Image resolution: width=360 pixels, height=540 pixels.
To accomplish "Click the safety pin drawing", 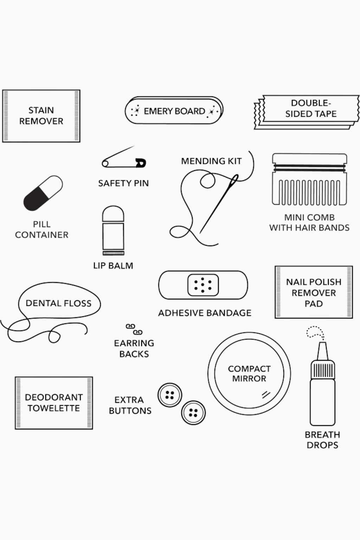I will (x=124, y=160).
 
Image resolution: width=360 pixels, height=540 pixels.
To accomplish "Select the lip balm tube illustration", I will (x=113, y=230).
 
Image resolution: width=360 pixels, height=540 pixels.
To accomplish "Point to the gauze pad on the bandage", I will (x=203, y=285).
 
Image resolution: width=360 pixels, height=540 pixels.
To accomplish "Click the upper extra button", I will (x=169, y=395).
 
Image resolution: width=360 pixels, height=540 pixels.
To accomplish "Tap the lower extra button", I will (x=193, y=412).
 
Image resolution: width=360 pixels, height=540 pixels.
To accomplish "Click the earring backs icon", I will (x=134, y=329).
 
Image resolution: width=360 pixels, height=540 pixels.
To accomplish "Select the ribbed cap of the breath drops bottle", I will (x=322, y=369).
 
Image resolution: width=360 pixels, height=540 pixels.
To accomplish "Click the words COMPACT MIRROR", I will (x=249, y=373).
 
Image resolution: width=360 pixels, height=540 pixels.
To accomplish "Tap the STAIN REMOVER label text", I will (x=41, y=116).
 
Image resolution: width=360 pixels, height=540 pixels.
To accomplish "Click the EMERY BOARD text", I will (x=174, y=111).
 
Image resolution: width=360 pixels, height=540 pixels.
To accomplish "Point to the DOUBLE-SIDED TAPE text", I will (x=311, y=108).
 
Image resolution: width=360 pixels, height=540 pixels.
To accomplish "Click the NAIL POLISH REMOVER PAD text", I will (x=314, y=292).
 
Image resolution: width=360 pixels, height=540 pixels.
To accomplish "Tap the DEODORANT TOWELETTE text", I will (x=54, y=403).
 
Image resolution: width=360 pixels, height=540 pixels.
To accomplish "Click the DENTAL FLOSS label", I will (x=58, y=303).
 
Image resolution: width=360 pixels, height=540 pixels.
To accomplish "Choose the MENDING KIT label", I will (x=211, y=161).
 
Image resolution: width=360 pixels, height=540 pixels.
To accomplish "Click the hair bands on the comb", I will (x=309, y=168).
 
